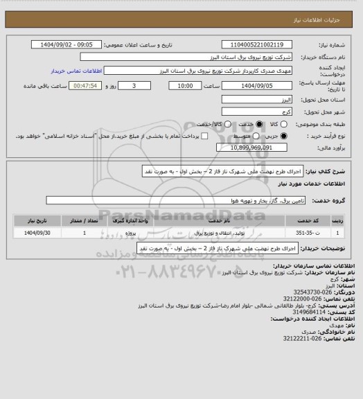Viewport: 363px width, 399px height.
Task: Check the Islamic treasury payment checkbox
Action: [192, 136]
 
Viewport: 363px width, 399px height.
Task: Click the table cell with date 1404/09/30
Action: [33, 233]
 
